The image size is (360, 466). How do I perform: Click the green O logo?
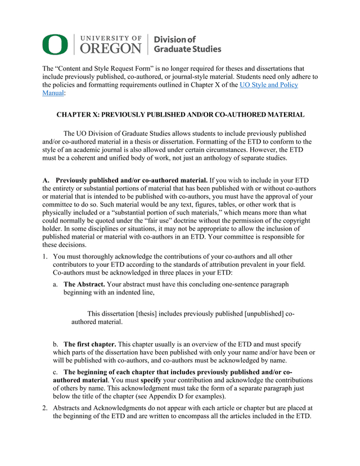[55, 44]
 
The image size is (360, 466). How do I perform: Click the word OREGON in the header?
[110, 49]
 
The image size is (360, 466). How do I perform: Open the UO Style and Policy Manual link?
[269, 85]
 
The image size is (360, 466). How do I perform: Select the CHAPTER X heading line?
[181, 115]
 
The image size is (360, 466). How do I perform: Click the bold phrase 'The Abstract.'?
[84, 285]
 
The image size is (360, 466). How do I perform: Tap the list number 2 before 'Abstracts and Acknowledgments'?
[45, 407]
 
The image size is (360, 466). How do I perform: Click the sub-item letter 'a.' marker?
[56, 285]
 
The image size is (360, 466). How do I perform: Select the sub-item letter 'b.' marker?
[56, 344]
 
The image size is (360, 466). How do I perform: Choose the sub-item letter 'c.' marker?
[55, 372]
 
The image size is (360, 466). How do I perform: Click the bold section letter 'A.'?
[46, 180]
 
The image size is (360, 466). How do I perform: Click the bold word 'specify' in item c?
[151, 380]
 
